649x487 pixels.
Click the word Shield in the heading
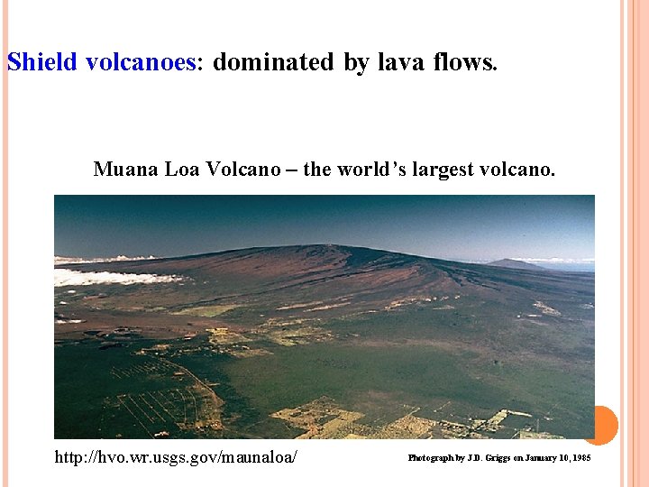click(41, 62)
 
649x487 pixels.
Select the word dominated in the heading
click(273, 62)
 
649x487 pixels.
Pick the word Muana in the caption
click(123, 170)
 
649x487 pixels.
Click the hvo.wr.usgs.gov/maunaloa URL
click(176, 458)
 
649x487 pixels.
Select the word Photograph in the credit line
click(431, 458)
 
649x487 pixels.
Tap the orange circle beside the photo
click(600, 425)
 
